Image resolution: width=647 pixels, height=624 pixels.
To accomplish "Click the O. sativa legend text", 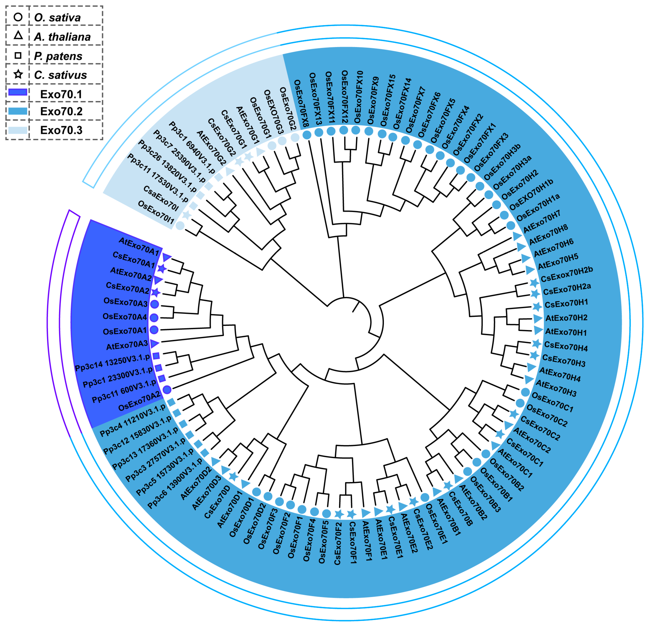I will [x=58, y=18].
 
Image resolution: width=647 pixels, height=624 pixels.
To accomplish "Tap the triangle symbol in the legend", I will [x=18, y=35].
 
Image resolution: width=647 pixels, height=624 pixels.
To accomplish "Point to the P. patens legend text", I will [x=58, y=56].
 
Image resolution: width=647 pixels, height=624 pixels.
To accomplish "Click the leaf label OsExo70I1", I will [x=155, y=213].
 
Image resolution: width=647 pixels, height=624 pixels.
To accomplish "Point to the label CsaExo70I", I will [x=161, y=198].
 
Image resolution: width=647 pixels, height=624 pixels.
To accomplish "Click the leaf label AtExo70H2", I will [x=566, y=318].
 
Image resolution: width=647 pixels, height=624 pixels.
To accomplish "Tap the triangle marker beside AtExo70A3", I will [x=154, y=343].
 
